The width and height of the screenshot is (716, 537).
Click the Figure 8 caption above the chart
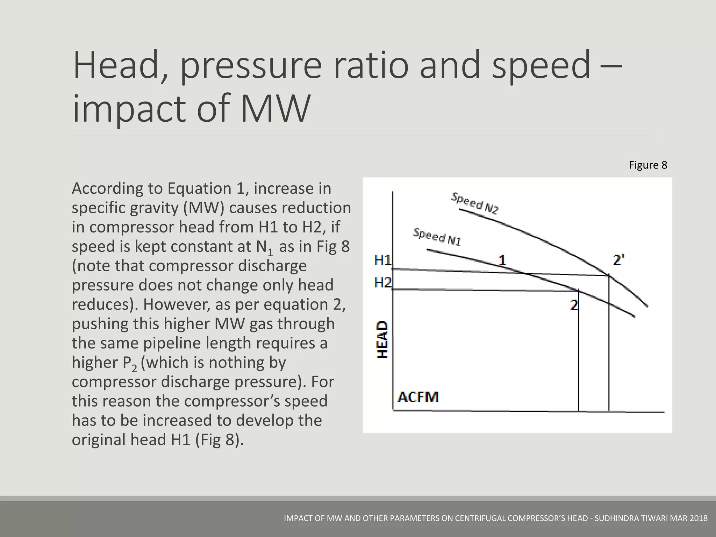coord(648,165)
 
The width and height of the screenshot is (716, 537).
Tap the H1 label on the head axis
coord(383,260)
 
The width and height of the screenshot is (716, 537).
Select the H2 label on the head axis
coord(383,282)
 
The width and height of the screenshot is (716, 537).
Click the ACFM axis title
coord(418,397)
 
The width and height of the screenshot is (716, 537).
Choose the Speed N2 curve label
coord(475,203)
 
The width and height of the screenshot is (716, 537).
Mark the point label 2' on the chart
coord(619,260)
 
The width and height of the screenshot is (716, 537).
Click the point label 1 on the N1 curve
coord(502,260)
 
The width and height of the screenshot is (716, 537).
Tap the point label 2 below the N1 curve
coord(574,305)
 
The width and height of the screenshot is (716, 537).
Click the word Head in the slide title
coord(116,66)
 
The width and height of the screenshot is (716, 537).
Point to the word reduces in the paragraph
coord(101,305)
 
